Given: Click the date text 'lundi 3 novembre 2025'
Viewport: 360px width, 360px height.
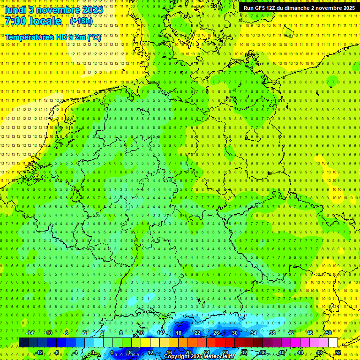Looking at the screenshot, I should pyautogui.click(x=54, y=9).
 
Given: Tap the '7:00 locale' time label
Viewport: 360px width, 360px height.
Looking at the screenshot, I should pyautogui.click(x=33, y=21).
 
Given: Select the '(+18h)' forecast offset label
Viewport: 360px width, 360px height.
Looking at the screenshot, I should pyautogui.click(x=81, y=21).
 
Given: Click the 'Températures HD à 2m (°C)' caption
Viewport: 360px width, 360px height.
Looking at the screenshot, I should pyautogui.click(x=53, y=37).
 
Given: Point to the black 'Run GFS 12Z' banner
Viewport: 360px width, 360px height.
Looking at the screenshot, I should pyautogui.click(x=299, y=7).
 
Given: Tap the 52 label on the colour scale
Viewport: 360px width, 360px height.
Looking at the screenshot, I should pyautogui.click(x=338, y=352).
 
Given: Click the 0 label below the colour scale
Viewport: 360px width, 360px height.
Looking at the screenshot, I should pyautogui.click(x=92, y=352).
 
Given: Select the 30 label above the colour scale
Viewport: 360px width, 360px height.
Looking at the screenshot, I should pyautogui.click(x=234, y=333).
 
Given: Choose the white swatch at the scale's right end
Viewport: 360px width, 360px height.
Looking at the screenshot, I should pyautogui.click(x=333, y=343).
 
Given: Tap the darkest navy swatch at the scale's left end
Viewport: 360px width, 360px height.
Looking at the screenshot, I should pyautogui.click(x=23, y=343).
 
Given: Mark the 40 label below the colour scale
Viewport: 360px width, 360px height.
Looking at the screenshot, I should pyautogui.click(x=281, y=352).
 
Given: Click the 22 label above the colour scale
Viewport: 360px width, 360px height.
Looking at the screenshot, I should pyautogui.click(x=197, y=333).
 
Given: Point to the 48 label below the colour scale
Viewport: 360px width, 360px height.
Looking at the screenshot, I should pyautogui.click(x=319, y=352).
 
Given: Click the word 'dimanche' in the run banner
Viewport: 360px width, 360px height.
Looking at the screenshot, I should pyautogui.click(x=296, y=8).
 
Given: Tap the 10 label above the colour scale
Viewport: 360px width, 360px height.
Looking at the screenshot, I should pyautogui.click(x=141, y=333).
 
